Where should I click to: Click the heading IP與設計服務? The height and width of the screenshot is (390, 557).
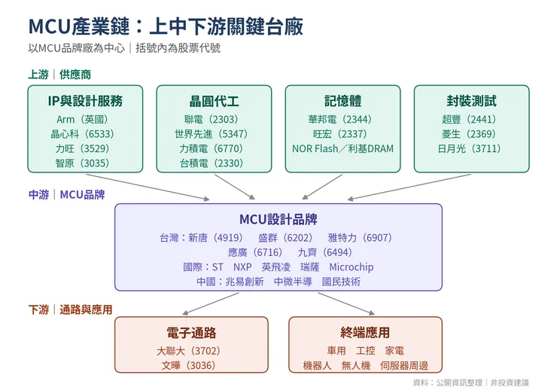tap(85, 101)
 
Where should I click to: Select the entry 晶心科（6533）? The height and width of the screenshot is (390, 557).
tap(82, 134)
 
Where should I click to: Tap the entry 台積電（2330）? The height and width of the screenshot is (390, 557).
tap(212, 163)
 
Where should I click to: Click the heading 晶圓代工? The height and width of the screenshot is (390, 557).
tap(214, 101)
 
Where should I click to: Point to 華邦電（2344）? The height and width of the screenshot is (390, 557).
tap(340, 120)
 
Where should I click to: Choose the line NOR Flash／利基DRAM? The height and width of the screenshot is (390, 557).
tap(342, 148)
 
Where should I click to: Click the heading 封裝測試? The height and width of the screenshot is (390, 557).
tap(471, 101)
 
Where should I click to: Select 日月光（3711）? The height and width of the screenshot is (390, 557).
tap(469, 148)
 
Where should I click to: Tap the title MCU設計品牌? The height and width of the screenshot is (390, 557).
tap(278, 220)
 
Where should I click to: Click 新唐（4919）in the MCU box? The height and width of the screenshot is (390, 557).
tap(215, 238)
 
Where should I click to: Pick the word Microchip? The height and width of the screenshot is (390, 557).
tap(352, 267)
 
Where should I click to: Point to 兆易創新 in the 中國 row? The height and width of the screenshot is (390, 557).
tap(245, 282)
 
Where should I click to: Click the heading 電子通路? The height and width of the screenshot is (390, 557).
tap(191, 333)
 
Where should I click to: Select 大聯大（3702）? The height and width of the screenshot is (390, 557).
tap(189, 351)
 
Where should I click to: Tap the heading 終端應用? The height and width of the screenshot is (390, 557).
tap(365, 333)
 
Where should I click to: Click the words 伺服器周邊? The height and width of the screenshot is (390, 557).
tap(404, 365)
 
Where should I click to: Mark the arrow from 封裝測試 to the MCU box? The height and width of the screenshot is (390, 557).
tap(409, 187)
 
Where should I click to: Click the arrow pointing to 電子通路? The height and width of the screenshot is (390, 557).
tap(211, 303)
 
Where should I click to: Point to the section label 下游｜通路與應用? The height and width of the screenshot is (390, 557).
tap(70, 309)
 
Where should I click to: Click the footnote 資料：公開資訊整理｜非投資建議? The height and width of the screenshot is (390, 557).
tap(471, 382)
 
